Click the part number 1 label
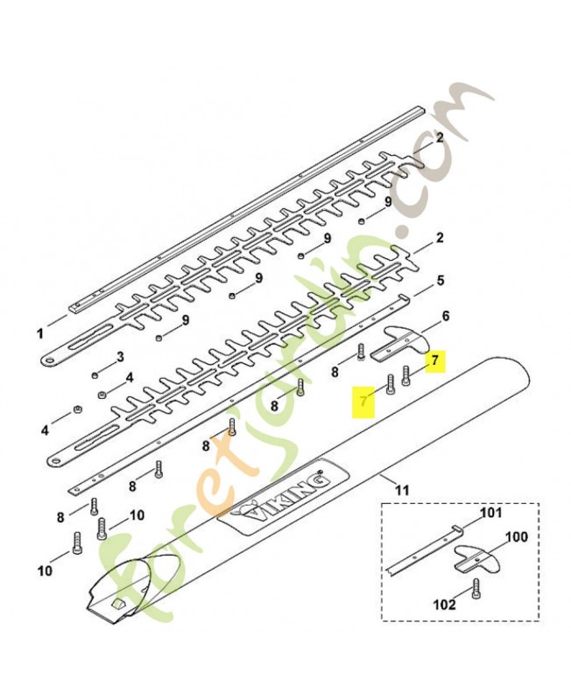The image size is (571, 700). (40, 333)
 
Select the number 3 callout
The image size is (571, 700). (120, 356)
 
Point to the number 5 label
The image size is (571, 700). (441, 281)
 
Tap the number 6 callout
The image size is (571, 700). (446, 316)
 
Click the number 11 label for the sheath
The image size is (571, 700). (402, 491)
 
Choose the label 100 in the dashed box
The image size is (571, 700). (518, 536)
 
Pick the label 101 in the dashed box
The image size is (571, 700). (491, 512)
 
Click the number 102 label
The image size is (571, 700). (445, 605)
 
